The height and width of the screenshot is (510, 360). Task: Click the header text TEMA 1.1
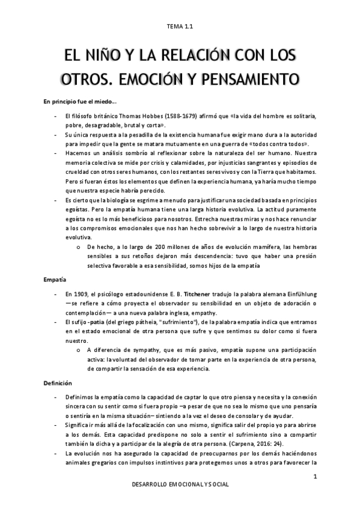click(x=180, y=26)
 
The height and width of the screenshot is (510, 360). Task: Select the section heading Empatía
click(x=54, y=280)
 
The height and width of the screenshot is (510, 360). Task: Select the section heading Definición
click(x=58, y=382)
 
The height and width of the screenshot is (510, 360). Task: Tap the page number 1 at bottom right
click(x=314, y=476)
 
